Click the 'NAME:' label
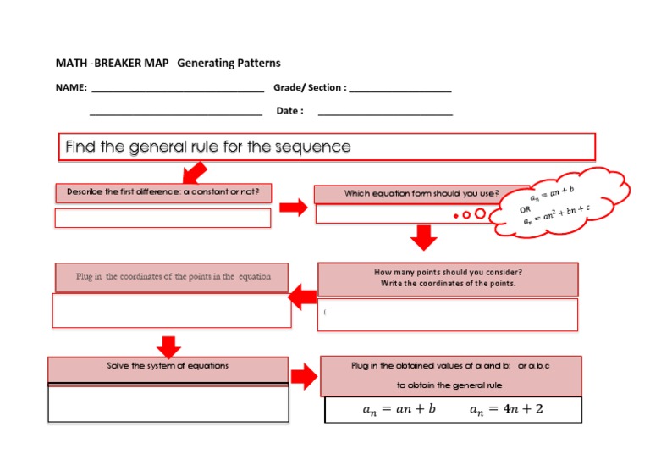[x=71, y=87]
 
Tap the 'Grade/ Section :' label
[x=309, y=87]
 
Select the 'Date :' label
[x=289, y=111]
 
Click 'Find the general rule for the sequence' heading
[x=208, y=147]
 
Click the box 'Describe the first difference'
[x=163, y=192]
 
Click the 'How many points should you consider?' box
[x=448, y=278]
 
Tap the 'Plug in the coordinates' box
[x=173, y=277]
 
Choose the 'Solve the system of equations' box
[x=168, y=367]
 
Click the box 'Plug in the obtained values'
[x=450, y=375]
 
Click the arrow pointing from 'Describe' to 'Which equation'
[x=293, y=208]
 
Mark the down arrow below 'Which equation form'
[x=421, y=238]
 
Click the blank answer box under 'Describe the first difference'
[x=163, y=218]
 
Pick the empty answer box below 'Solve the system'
[x=168, y=402]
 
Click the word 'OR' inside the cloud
[x=526, y=208]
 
